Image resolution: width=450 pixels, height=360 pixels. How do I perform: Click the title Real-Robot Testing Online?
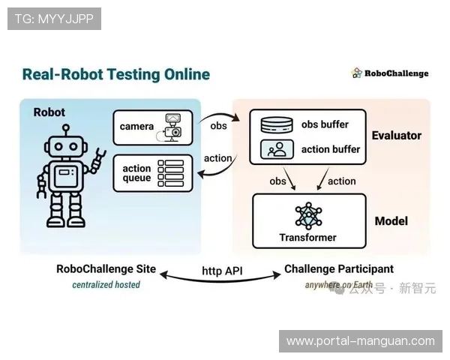click(x=115, y=74)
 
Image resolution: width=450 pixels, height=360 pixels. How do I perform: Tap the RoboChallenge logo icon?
click(x=357, y=73)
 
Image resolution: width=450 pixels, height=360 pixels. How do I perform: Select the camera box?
click(x=153, y=127)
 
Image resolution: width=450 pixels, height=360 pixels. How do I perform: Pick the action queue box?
click(x=153, y=173)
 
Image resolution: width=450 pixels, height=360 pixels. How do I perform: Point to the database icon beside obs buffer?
click(x=276, y=124)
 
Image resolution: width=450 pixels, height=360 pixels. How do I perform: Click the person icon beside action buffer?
click(x=276, y=149)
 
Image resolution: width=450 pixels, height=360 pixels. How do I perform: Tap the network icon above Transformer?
click(x=307, y=215)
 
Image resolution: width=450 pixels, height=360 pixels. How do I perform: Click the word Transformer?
click(x=307, y=238)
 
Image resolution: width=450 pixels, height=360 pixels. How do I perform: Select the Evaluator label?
click(x=397, y=136)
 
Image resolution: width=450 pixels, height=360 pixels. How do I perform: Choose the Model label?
click(x=391, y=221)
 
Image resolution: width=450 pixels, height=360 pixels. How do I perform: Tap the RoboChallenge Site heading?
click(x=106, y=269)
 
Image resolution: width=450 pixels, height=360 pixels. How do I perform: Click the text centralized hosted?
click(x=106, y=285)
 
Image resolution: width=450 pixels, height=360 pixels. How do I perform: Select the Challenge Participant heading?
click(x=339, y=269)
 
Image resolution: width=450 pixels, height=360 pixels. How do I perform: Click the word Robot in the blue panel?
click(x=49, y=112)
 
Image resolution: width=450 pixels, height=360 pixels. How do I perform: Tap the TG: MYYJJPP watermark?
click(x=54, y=19)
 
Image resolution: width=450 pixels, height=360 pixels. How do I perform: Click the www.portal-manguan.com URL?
click(x=360, y=341)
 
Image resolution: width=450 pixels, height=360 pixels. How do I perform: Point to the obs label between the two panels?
click(x=218, y=125)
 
